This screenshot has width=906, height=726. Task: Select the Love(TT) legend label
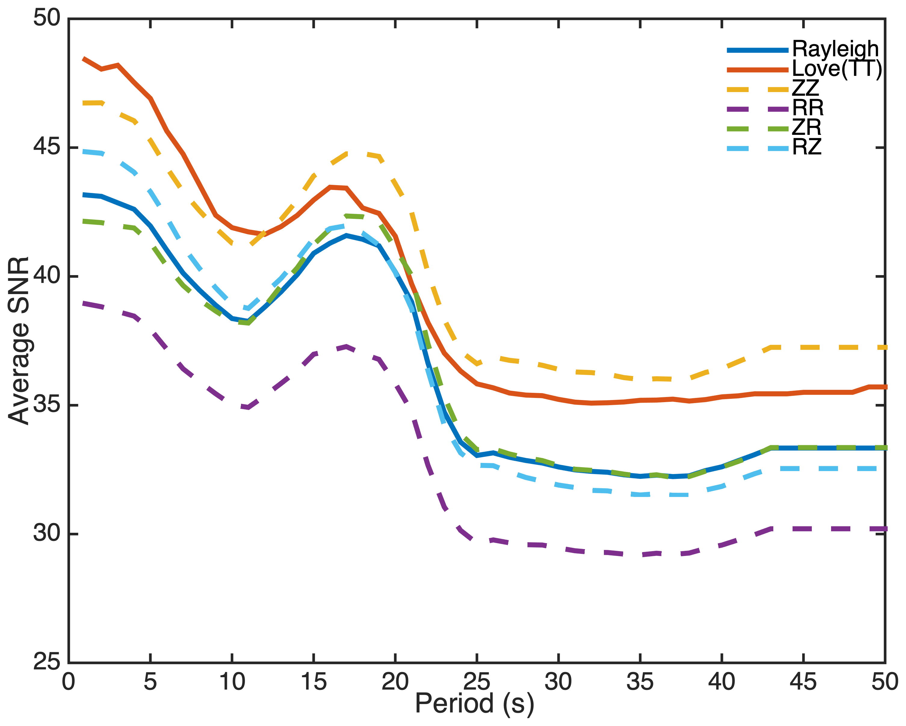[x=837, y=69]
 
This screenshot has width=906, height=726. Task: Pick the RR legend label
[x=808, y=108]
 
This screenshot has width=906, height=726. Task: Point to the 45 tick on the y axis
[x=47, y=147]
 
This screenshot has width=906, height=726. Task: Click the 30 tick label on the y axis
[x=47, y=533]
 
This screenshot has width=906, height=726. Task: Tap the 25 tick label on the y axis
[x=47, y=662]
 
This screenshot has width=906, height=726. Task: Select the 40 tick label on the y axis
[x=47, y=276]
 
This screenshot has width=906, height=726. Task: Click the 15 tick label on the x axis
[x=314, y=682]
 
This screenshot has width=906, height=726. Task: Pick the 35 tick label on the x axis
[x=640, y=682]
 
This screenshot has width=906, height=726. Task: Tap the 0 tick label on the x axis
[x=69, y=682]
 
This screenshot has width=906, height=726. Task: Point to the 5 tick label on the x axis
[x=150, y=682]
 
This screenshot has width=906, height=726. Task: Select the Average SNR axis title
[x=19, y=340]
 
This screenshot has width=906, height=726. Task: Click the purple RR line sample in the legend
[x=757, y=109]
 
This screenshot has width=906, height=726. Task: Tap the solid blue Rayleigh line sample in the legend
[x=757, y=50]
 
